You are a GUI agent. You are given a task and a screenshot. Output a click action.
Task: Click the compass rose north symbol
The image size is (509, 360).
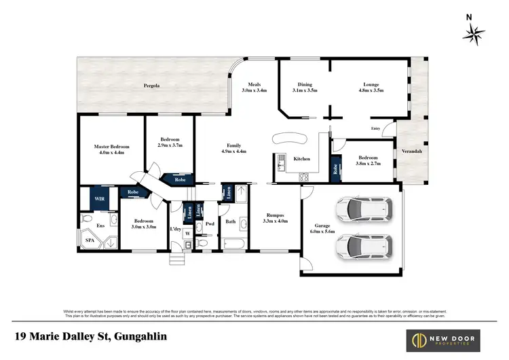[x=473, y=32]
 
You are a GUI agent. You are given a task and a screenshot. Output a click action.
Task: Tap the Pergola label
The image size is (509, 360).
[x=151, y=86]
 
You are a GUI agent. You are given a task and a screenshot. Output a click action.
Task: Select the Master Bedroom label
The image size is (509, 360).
[x=111, y=146]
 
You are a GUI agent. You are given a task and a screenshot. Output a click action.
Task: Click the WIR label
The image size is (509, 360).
[x=99, y=198]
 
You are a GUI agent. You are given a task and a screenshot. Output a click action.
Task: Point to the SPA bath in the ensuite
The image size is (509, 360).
[x=90, y=240]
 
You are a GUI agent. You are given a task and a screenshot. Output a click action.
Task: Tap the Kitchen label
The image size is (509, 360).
[x=301, y=159]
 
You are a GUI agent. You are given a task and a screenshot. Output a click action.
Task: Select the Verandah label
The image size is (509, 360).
[x=412, y=151]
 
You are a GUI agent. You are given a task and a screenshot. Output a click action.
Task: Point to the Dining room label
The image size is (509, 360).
[x=305, y=85]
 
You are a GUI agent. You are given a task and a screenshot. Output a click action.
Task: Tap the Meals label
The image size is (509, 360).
[x=254, y=85]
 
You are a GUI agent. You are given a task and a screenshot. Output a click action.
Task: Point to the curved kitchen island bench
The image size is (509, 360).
[x=290, y=138]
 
